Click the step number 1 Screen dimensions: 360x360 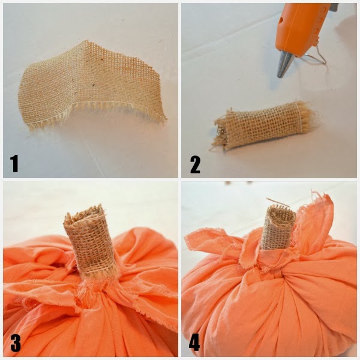click(x=14, y=163)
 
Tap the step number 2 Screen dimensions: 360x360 click(x=195, y=165)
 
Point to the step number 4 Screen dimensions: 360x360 click(x=194, y=343)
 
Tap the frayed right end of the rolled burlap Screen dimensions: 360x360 click(x=308, y=115)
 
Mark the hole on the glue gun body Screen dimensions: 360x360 click(x=281, y=21)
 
